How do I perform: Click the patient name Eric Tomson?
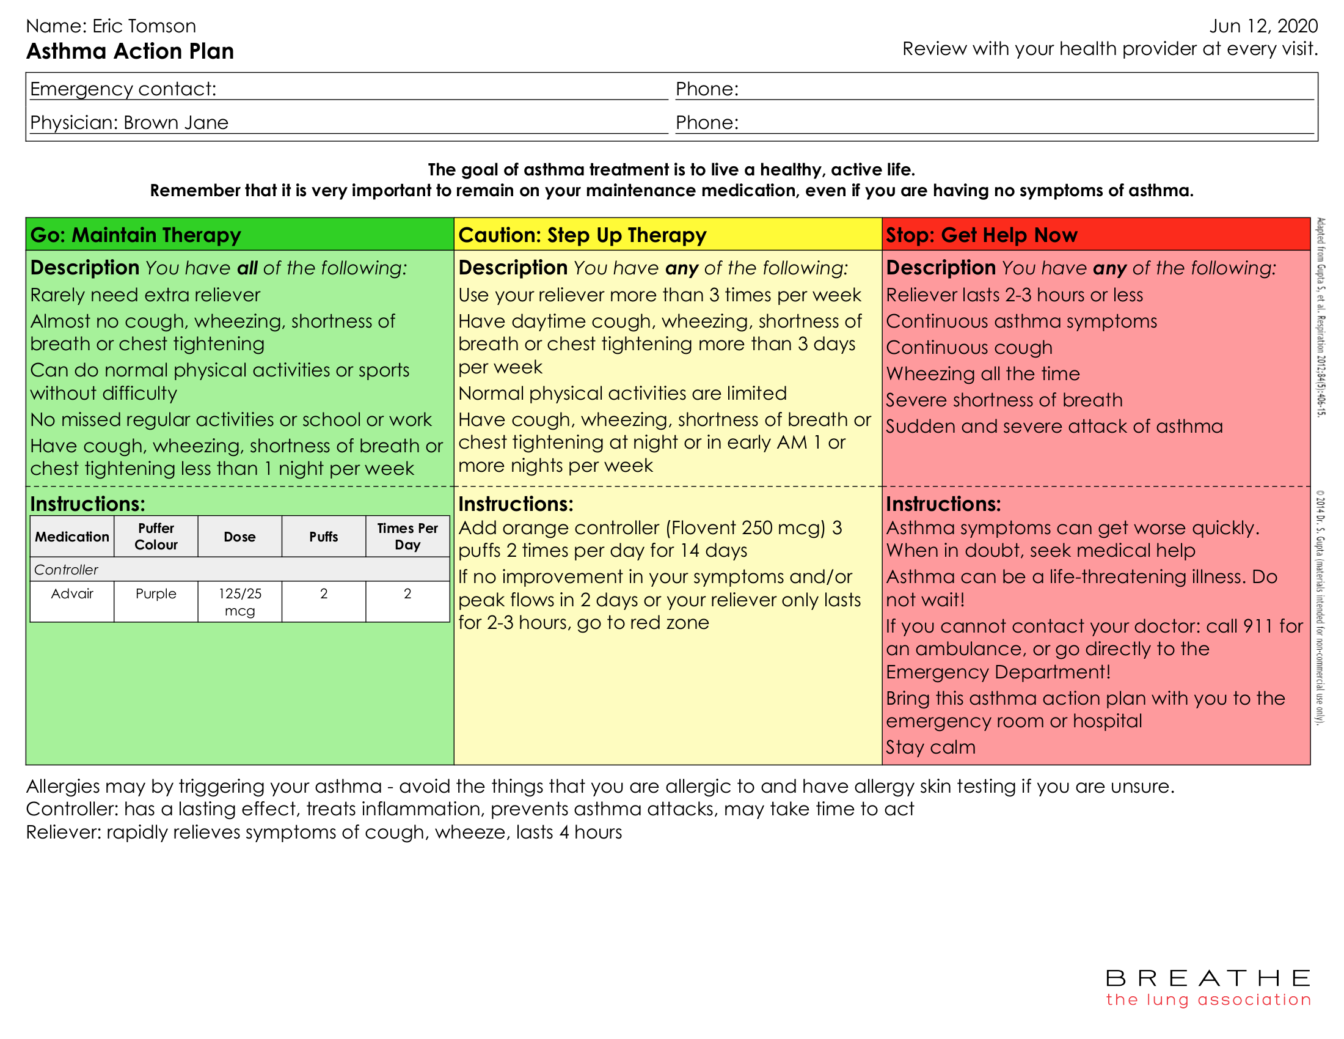click(x=144, y=26)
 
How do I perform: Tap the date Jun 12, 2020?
click(x=1263, y=26)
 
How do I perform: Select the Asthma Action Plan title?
click(x=130, y=51)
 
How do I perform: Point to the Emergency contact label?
click(x=123, y=89)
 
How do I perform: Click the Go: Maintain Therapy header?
click(x=136, y=235)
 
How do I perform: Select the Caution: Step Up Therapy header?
click(x=582, y=235)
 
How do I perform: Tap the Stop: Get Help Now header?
click(x=981, y=235)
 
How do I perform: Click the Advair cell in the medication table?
click(x=72, y=593)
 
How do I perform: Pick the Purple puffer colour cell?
click(x=156, y=593)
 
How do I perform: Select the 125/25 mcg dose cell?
click(x=239, y=601)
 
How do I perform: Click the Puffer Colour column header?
click(x=156, y=536)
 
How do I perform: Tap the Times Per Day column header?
click(x=407, y=536)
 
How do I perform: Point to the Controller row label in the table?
click(x=66, y=570)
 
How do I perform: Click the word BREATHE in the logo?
click(x=1207, y=978)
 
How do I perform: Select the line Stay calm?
click(x=930, y=747)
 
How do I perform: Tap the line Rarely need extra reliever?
click(x=145, y=295)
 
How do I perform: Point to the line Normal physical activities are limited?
click(x=622, y=393)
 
